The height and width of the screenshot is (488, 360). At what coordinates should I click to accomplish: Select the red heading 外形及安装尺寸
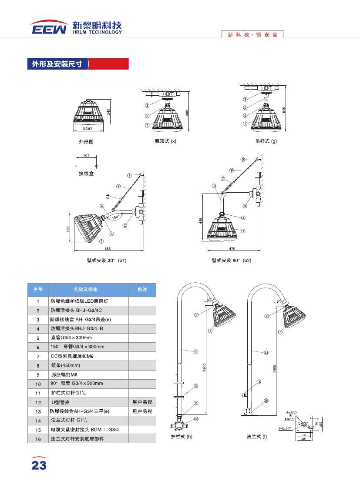tap(57, 64)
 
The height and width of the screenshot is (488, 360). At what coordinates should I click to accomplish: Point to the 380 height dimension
tap(187, 112)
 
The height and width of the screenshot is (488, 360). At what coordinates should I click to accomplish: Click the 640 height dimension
tap(283, 110)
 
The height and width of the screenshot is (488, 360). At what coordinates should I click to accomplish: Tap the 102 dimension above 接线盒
tap(86, 156)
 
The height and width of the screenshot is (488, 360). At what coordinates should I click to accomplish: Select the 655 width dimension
tap(108, 249)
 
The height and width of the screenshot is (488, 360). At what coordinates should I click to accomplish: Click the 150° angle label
tap(115, 216)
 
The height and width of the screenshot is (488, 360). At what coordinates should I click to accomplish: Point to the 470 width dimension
tap(232, 249)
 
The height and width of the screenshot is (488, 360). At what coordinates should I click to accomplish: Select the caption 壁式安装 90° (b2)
tap(232, 260)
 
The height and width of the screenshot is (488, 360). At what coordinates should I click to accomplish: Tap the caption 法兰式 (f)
tap(256, 436)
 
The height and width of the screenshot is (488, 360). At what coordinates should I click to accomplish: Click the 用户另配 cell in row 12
tap(142, 402)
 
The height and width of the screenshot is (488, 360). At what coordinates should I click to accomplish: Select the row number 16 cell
tap(38, 439)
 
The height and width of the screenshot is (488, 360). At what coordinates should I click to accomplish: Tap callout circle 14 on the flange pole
tap(266, 353)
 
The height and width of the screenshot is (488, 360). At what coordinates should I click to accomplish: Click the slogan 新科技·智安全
tap(252, 35)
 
